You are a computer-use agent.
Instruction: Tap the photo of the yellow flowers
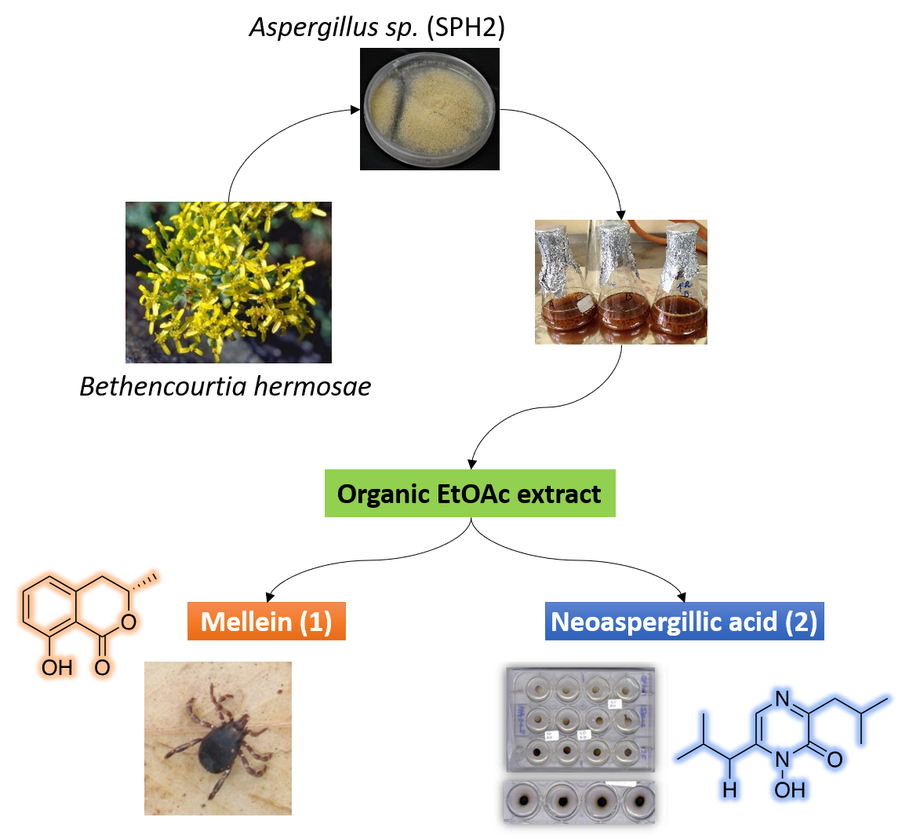(x=228, y=283)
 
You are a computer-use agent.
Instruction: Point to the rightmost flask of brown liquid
(x=678, y=286)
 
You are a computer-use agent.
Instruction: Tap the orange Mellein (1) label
(x=267, y=622)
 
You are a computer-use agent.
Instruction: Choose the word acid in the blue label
(x=752, y=622)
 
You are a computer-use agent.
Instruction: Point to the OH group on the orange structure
(x=56, y=668)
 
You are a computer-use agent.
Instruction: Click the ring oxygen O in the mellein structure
(x=129, y=622)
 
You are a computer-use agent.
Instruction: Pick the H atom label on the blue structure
(x=729, y=789)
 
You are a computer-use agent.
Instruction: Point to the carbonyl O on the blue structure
(x=835, y=759)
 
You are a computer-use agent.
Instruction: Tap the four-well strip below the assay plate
(x=579, y=802)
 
